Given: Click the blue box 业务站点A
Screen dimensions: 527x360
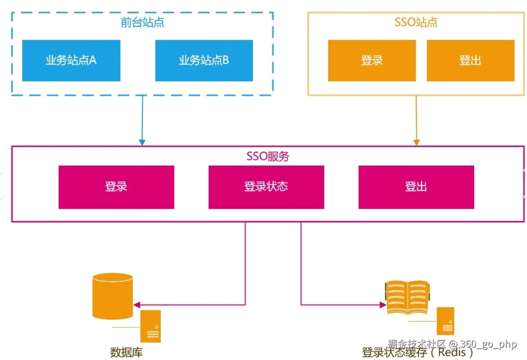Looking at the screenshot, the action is pyautogui.click(x=71, y=61).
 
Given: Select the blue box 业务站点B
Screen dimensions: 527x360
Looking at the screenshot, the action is pyautogui.click(x=204, y=61).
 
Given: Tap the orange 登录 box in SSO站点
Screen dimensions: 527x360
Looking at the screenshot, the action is pyautogui.click(x=372, y=61).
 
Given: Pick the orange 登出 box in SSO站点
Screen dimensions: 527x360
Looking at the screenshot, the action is pyautogui.click(x=471, y=61).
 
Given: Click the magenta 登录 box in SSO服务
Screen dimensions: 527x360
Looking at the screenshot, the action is pyautogui.click(x=117, y=187).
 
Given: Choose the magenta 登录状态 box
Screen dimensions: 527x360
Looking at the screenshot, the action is pyautogui.click(x=266, y=187).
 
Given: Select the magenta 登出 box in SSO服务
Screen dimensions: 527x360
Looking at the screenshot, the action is pyautogui.click(x=416, y=187).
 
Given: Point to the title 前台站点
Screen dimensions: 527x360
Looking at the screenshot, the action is pyautogui.click(x=142, y=22).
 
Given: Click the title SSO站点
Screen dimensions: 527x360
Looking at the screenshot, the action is pyautogui.click(x=416, y=22).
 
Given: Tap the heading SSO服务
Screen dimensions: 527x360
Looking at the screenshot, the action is pyautogui.click(x=268, y=156).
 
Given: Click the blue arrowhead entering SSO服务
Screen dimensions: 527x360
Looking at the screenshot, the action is pyautogui.click(x=142, y=143).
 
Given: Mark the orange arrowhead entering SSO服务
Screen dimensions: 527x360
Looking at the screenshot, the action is pyautogui.click(x=416, y=143).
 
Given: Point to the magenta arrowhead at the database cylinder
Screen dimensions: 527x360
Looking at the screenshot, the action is pyautogui.click(x=137, y=305).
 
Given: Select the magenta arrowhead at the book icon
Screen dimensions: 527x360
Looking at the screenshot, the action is pyautogui.click(x=383, y=305).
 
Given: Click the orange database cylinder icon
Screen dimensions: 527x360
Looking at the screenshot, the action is pyautogui.click(x=113, y=296).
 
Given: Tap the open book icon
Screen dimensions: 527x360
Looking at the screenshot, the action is pyautogui.click(x=407, y=297).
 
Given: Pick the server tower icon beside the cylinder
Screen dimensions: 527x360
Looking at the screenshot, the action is pyautogui.click(x=150, y=326).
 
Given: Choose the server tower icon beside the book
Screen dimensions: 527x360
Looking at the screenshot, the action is pyautogui.click(x=445, y=321).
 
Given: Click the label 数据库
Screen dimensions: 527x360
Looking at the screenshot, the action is pyautogui.click(x=126, y=352).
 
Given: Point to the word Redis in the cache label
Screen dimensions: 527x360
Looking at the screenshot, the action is pyautogui.click(x=452, y=352).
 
